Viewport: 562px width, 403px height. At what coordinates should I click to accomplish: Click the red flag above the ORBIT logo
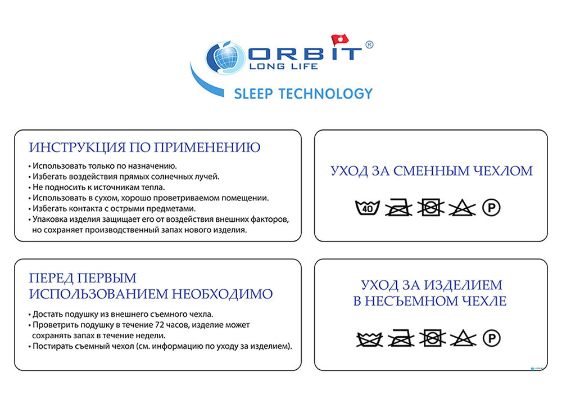(339, 39)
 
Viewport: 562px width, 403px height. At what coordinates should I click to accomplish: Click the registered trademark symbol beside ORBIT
(369, 44)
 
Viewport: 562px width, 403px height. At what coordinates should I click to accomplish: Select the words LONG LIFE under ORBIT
(283, 66)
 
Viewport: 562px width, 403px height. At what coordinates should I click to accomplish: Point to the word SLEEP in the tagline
(253, 93)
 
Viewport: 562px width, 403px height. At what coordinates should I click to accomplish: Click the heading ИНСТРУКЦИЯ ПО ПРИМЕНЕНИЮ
(144, 147)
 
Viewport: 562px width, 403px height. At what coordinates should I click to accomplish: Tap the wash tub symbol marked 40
(368, 208)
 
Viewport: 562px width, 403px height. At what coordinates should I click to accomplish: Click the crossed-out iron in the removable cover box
(398, 208)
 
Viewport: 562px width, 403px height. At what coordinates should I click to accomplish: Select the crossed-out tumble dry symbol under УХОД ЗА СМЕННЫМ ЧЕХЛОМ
(430, 208)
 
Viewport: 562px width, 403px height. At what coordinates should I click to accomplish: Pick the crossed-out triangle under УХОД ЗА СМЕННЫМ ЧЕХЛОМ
(462, 208)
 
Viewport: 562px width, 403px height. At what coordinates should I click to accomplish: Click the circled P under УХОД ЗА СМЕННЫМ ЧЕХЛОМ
(491, 208)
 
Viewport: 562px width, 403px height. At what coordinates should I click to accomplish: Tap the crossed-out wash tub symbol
(370, 339)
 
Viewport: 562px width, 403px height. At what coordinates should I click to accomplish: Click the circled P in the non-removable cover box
(491, 338)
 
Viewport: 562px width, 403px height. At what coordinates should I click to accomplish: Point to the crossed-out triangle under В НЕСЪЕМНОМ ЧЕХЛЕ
(463, 338)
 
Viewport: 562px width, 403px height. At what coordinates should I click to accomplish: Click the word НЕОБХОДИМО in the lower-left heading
(222, 294)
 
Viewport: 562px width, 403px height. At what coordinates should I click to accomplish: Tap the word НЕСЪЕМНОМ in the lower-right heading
(411, 301)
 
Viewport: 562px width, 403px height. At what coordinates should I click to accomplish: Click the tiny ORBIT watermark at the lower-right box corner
(537, 368)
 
